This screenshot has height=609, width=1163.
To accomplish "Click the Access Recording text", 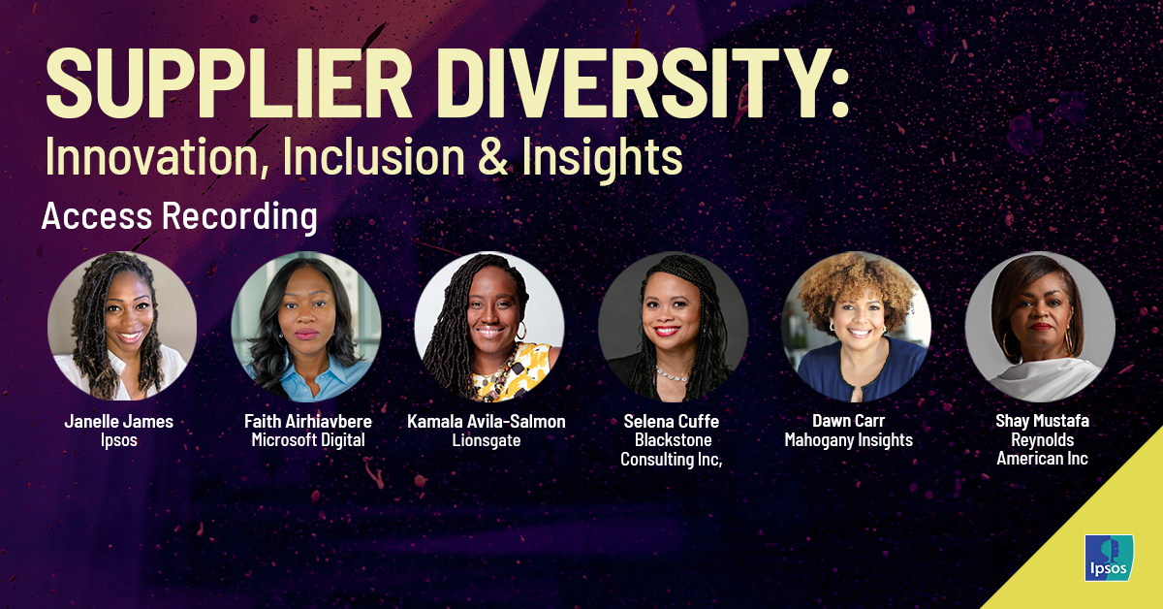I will click(x=179, y=216).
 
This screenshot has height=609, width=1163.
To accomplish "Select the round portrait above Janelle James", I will click(x=122, y=327).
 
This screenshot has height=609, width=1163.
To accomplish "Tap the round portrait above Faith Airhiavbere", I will click(x=306, y=327).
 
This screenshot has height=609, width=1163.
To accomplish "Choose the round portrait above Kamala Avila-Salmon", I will click(x=489, y=327).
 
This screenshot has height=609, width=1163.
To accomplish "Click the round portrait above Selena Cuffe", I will click(x=673, y=327).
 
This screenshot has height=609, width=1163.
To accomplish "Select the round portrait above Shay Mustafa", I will click(x=1040, y=327).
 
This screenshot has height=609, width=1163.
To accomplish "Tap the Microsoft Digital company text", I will click(x=307, y=440).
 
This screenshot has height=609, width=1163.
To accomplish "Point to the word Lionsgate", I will click(x=487, y=440).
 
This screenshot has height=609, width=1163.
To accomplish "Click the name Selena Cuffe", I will click(x=673, y=422).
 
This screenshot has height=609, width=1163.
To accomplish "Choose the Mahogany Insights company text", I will click(x=849, y=440).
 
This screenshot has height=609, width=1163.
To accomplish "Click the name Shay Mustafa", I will click(x=1042, y=421).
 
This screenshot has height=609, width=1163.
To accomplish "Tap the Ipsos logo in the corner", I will click(x=1106, y=559).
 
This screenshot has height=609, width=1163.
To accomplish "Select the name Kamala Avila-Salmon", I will click(x=487, y=422).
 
